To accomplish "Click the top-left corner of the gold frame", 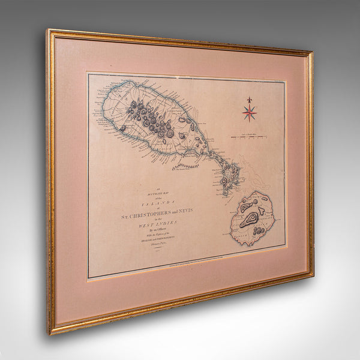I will [x=49, y=30].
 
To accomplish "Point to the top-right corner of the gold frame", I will [x=312, y=53].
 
